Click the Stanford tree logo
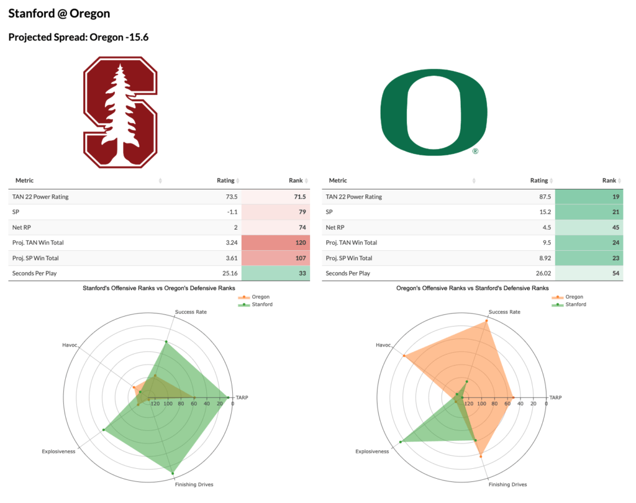(x=120, y=112)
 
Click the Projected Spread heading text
(x=78, y=38)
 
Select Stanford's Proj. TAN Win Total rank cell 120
(x=274, y=243)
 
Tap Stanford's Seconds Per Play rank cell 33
(x=274, y=273)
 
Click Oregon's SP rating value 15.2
(x=539, y=212)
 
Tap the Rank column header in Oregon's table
(x=609, y=181)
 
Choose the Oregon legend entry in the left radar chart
(x=258, y=297)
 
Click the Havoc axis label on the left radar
(x=69, y=345)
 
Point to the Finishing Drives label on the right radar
(x=507, y=484)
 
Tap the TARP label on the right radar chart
(x=555, y=397)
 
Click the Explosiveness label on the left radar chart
(x=58, y=451)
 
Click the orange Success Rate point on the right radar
(x=486, y=321)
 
